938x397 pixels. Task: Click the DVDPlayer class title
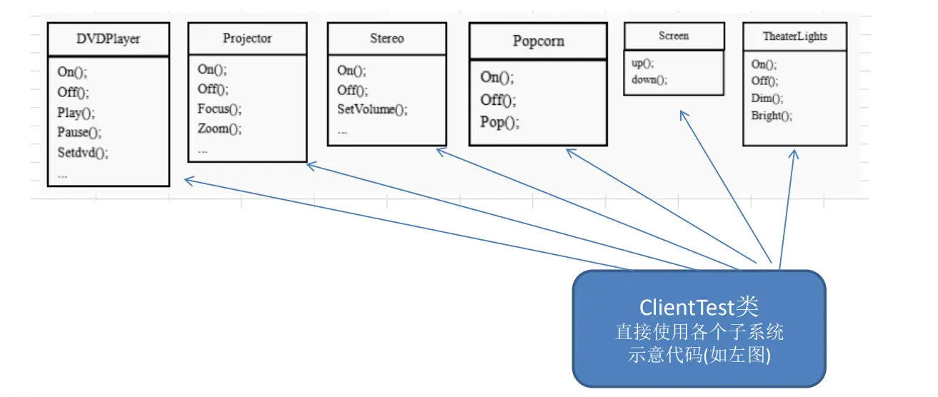coord(108,39)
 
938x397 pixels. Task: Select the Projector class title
coord(247,39)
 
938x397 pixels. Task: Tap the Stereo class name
coord(387,39)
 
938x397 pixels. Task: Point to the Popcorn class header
coord(539,41)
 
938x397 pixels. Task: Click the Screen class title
coord(674,36)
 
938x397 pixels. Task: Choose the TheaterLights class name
coord(795,36)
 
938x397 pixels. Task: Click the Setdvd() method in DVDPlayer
coord(82,152)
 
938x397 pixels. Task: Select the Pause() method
coord(79,132)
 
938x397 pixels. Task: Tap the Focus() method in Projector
coord(219,109)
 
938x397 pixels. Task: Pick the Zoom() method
coord(219,129)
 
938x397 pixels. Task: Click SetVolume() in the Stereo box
coord(372,109)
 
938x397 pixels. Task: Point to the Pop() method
coord(499,122)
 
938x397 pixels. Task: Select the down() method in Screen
coord(649,79)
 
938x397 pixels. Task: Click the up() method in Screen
coord(642,63)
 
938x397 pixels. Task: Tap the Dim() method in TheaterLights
coord(767,99)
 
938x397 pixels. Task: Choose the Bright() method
coord(772,116)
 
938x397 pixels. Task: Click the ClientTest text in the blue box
coord(687,308)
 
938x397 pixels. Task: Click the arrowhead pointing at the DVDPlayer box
coord(189,181)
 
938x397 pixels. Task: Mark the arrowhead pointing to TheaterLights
coord(794,154)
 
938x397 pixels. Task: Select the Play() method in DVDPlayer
coord(76,113)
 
